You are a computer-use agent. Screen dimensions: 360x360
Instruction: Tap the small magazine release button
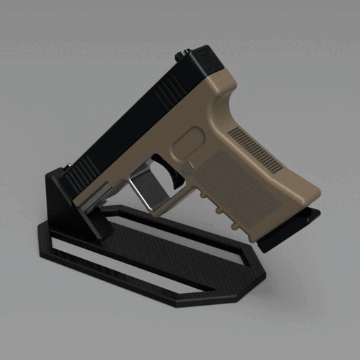(187, 168)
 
